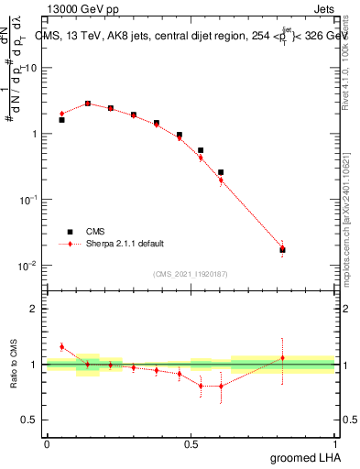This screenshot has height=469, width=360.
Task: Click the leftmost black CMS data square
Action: click(x=61, y=120)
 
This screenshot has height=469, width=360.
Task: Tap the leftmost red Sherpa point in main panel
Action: click(x=61, y=114)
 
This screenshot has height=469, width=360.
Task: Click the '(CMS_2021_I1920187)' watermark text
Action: click(x=190, y=273)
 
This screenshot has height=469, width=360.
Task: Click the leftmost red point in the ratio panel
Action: click(x=61, y=346)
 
